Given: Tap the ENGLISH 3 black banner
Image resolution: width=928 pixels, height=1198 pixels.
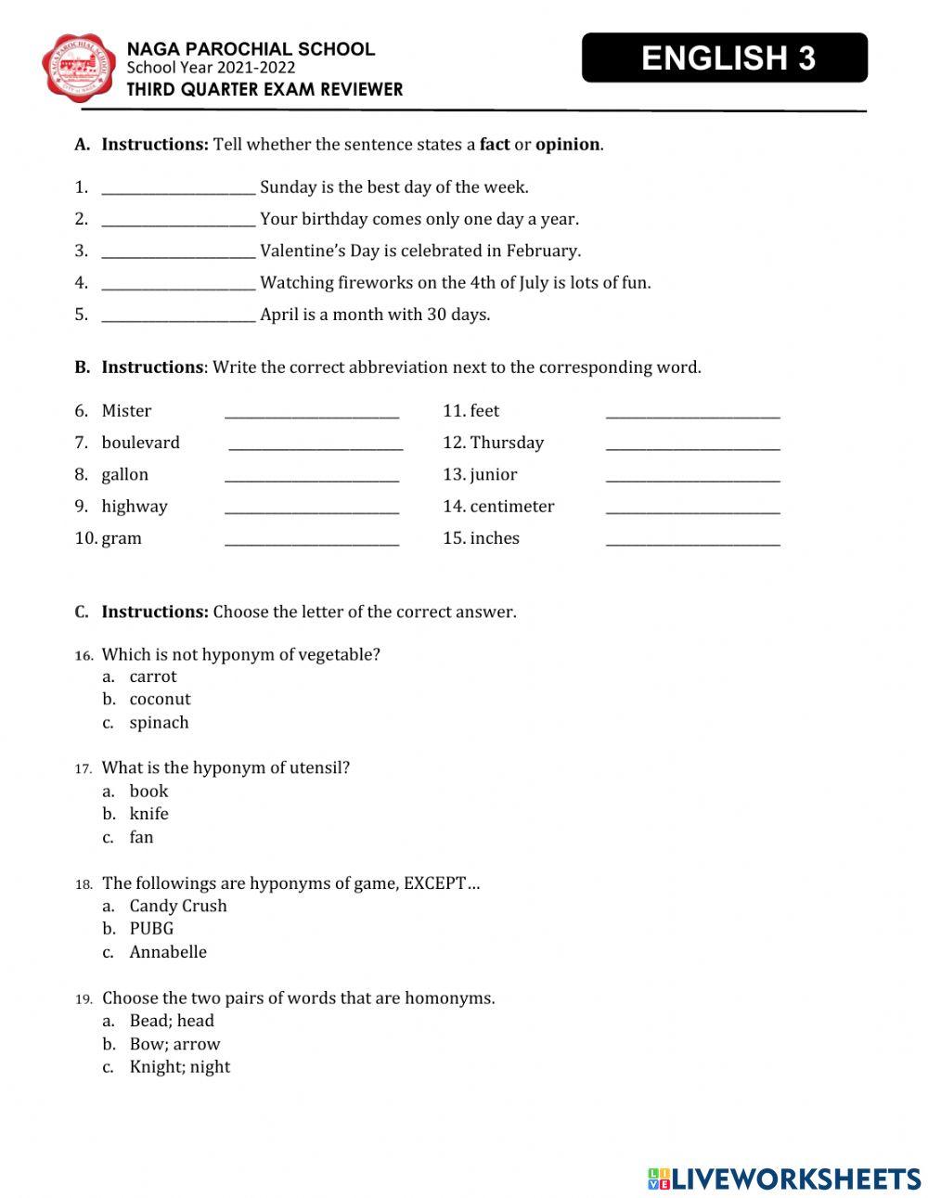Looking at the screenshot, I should [x=725, y=58].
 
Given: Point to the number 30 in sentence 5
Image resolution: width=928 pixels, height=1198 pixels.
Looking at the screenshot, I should [x=437, y=315].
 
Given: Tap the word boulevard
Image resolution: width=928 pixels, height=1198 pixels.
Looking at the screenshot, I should [x=141, y=443].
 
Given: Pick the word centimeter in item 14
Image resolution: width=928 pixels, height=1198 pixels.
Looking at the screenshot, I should [x=512, y=506].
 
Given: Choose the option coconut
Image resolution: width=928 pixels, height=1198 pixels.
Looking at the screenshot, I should [x=160, y=699].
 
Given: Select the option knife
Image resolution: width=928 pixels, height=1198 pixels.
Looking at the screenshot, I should [x=149, y=814].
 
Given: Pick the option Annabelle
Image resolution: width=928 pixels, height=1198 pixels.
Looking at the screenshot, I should [x=168, y=951].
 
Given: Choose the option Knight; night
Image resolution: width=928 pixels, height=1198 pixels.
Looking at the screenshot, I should [x=180, y=1066].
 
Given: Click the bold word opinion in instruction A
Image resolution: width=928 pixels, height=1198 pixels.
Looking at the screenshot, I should [x=567, y=145].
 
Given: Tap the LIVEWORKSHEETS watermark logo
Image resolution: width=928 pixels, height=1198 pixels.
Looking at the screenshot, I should [x=783, y=1179].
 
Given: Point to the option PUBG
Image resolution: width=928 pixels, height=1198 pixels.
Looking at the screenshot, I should [x=151, y=928].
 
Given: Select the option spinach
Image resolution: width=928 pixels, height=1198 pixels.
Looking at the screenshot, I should [x=159, y=722].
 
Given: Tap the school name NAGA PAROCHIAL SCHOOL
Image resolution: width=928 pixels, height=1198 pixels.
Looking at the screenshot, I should [x=251, y=49].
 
